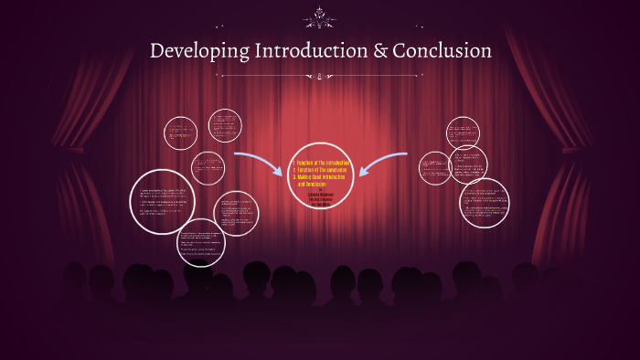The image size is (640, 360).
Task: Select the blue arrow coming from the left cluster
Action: pos(258,164)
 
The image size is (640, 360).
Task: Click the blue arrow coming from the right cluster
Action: pos(384,164)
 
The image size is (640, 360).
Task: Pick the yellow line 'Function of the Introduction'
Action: pos(323,163)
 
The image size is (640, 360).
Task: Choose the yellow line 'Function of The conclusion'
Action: pos(323,170)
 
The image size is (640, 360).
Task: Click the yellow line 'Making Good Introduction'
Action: pos(323,177)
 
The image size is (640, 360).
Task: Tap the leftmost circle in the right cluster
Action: pos(434,167)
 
